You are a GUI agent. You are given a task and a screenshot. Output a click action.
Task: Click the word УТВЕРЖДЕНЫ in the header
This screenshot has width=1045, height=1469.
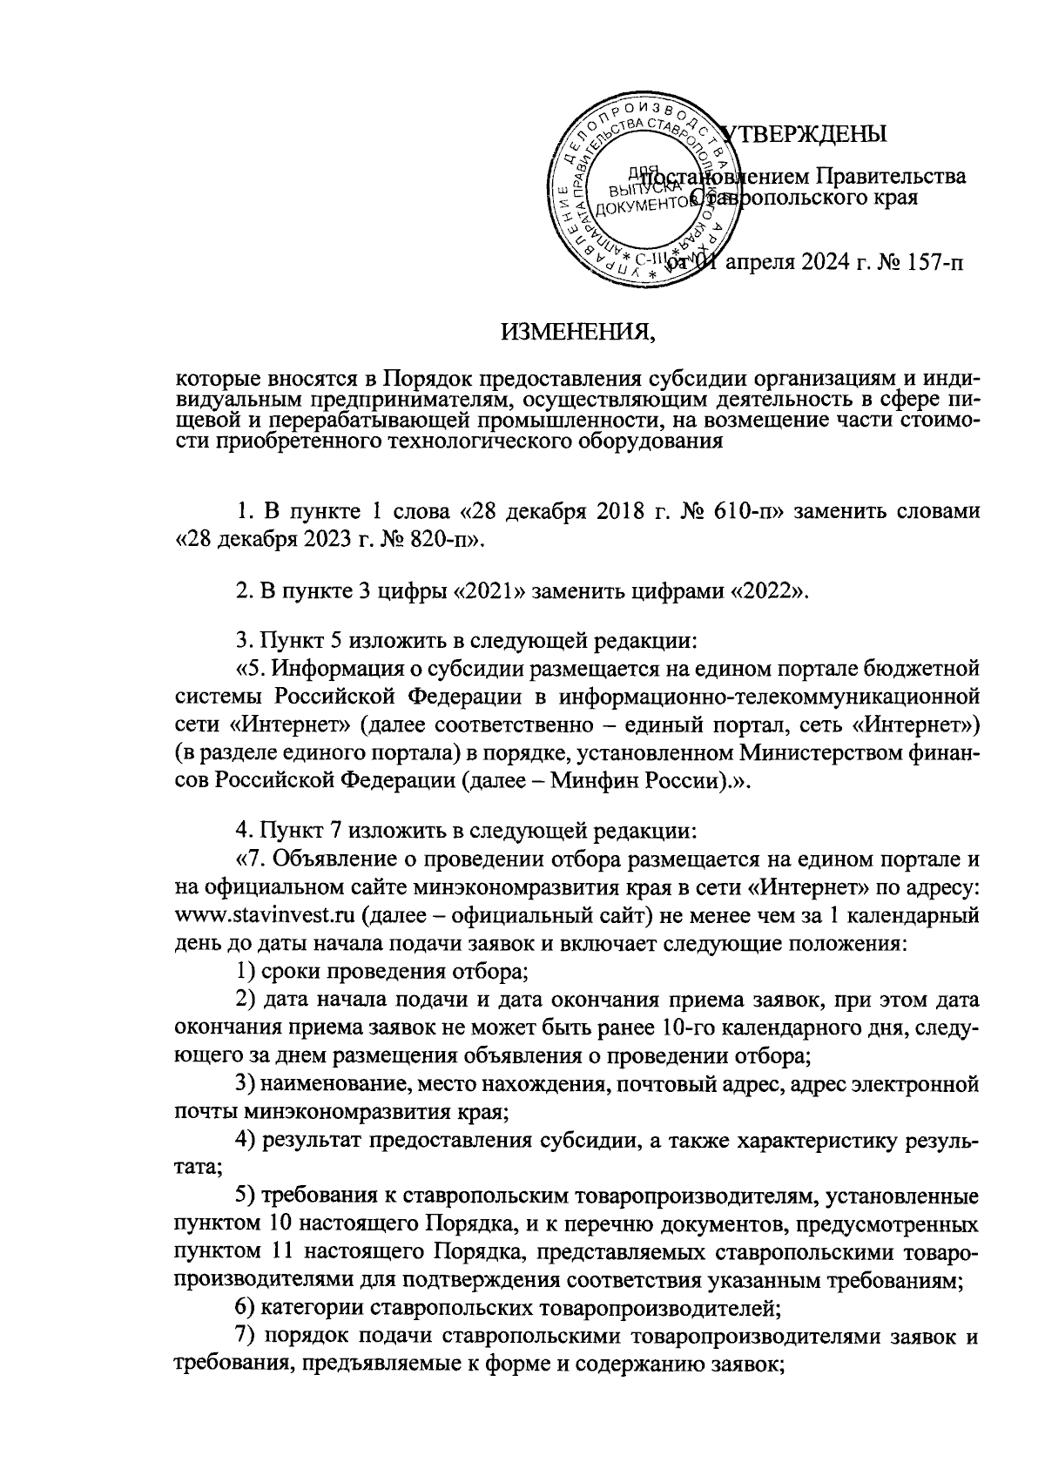point(806,132)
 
